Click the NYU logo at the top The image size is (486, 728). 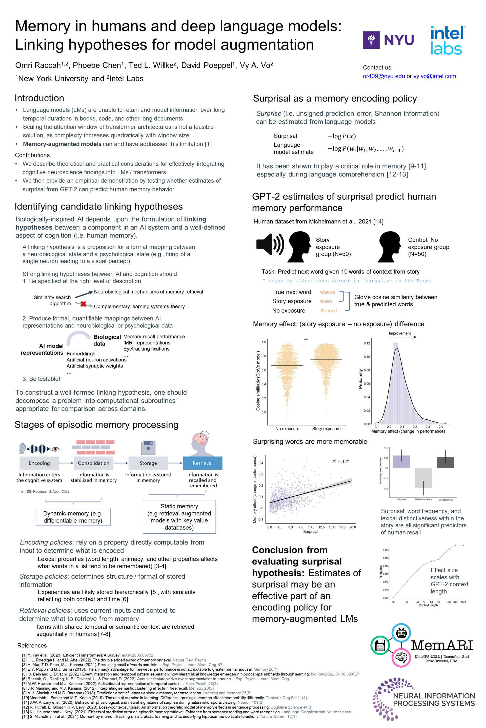tap(388, 40)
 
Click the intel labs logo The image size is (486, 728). tap(447, 40)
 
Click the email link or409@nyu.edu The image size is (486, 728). tap(384, 76)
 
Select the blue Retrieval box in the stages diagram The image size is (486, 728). tap(202, 463)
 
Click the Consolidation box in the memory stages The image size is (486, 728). tap(94, 463)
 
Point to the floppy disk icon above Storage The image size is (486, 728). tap(148, 448)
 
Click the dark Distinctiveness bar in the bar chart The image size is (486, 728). tap(445, 462)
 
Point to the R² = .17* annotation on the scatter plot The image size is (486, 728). tap(340, 462)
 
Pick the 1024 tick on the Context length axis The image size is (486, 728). tap(463, 602)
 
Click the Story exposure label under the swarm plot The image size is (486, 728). tap(326, 429)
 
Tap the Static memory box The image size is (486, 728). tap(179, 517)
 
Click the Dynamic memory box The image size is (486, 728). tap(73, 517)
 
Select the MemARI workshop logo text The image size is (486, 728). tap(442, 646)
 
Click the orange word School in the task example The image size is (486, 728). tap(329, 311)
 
